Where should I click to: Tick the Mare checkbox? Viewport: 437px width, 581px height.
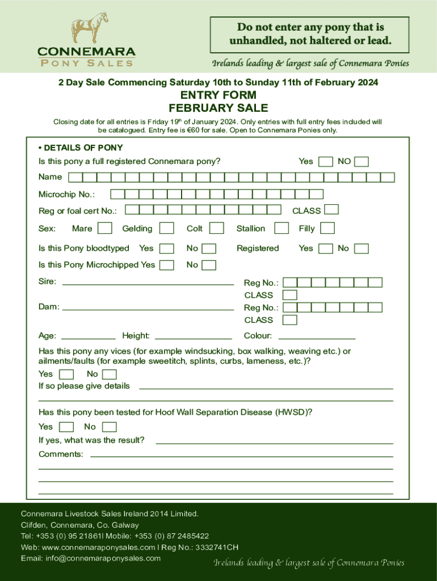pos(104,228)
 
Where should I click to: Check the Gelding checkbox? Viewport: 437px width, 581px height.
pos(166,228)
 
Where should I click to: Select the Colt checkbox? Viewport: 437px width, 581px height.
pos(216,228)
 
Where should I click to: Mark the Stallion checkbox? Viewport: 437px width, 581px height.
pos(281,228)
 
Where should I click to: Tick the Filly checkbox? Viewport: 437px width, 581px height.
pos(327,228)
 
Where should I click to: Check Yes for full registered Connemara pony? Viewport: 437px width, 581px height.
pos(326,162)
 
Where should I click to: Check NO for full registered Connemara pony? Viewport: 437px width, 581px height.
pos(362,162)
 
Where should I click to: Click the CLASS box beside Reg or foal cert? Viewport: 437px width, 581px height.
pos(332,210)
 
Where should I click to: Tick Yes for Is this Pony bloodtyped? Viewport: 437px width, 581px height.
pos(166,249)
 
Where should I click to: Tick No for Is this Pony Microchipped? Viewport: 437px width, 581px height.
pos(209,265)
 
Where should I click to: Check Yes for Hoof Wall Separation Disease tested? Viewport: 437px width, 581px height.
pos(66,427)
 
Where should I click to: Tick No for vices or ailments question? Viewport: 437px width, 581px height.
pos(110,374)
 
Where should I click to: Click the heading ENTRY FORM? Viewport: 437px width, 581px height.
pos(218,95)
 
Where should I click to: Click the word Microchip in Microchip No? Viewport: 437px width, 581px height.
pos(57,195)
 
